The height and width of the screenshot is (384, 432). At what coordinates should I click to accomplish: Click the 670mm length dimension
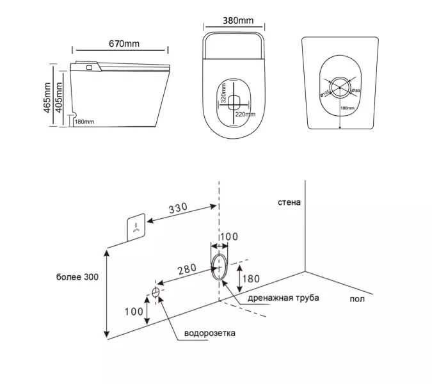pyautogui.click(x=122, y=44)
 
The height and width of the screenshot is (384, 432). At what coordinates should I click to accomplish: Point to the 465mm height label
pyautogui.click(x=47, y=97)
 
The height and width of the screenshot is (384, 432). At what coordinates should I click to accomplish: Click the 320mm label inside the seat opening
pyautogui.click(x=224, y=96)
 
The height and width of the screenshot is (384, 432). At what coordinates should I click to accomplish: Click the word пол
pyautogui.click(x=357, y=299)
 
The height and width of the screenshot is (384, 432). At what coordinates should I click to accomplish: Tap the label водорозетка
pyautogui.click(x=209, y=333)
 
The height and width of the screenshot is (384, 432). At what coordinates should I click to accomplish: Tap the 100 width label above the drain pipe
pyautogui.click(x=229, y=237)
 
